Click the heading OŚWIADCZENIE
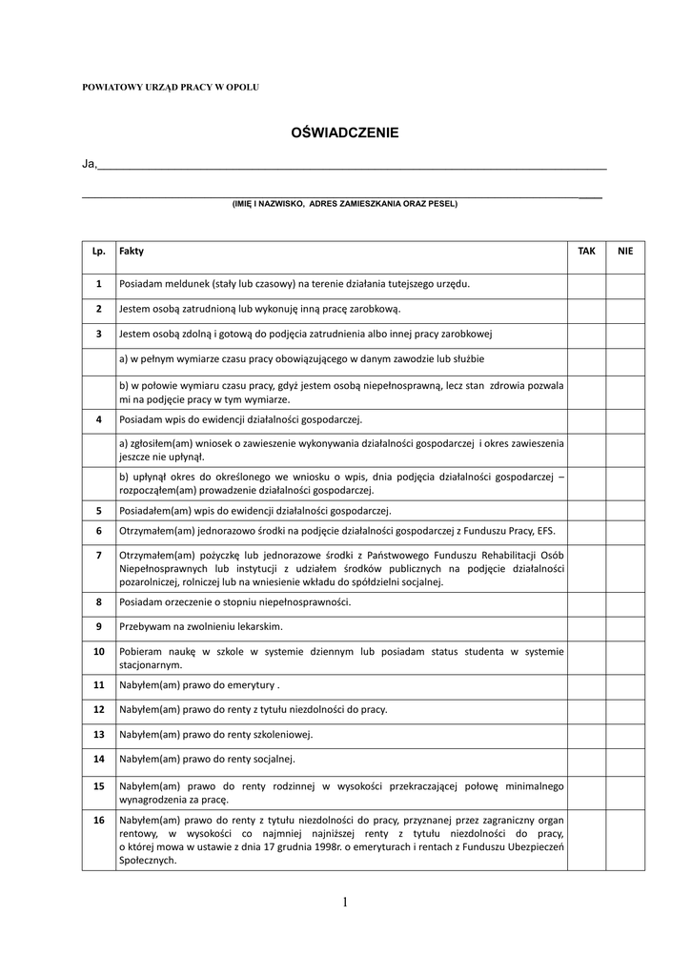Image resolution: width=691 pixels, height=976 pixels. (344, 133)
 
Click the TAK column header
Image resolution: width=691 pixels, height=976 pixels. (587, 250)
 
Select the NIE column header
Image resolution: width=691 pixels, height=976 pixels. (625, 250)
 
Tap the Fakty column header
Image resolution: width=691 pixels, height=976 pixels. (132, 250)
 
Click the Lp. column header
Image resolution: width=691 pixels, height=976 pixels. (98, 250)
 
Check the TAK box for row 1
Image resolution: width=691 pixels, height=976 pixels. (587, 284)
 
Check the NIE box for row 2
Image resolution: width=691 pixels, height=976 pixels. (625, 309)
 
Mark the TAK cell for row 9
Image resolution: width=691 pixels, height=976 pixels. (587, 627)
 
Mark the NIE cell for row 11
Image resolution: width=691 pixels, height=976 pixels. (625, 685)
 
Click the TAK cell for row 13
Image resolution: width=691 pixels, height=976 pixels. (587, 735)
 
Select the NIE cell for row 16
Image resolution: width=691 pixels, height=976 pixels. (625, 840)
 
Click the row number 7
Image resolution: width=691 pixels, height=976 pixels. (98, 554)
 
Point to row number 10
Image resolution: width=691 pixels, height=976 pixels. (98, 652)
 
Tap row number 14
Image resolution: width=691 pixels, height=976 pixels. (98, 760)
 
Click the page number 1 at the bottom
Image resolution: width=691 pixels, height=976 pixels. (344, 903)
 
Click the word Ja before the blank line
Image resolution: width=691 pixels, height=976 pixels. (89, 164)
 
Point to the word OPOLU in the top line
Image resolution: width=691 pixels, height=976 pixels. (242, 87)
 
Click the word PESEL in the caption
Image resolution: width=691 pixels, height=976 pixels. (441, 203)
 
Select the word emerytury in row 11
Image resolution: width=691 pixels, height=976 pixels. (250, 685)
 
